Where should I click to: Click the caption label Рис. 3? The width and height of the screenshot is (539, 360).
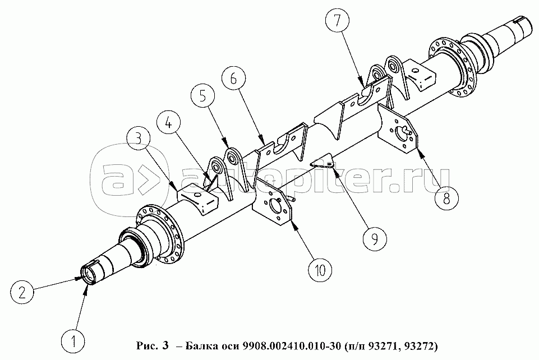tap(153, 345)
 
